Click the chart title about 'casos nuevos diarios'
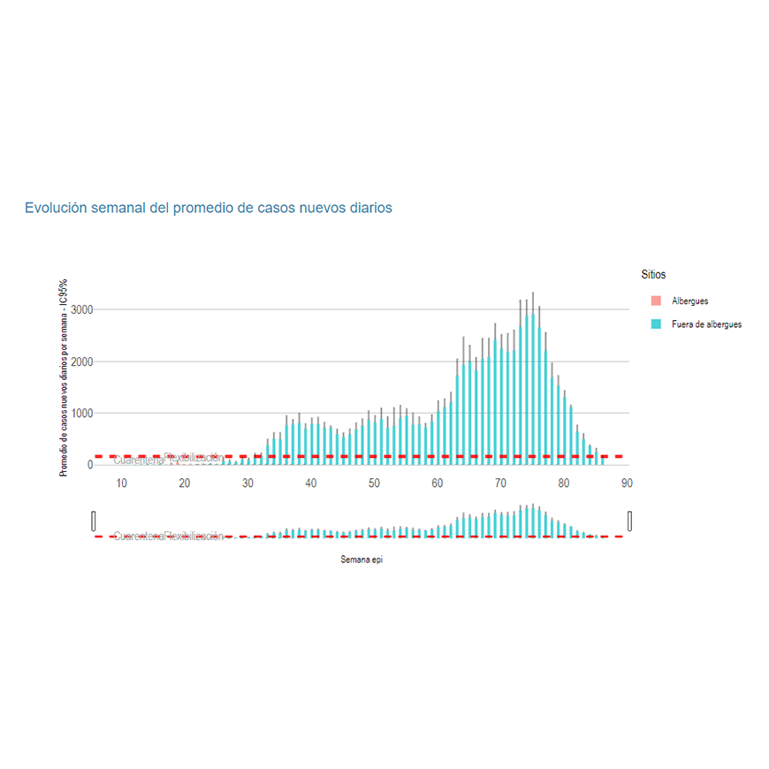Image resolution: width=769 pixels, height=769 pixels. (x=208, y=208)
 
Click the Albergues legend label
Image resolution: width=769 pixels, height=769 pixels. (x=689, y=301)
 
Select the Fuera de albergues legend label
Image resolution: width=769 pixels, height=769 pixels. (x=706, y=324)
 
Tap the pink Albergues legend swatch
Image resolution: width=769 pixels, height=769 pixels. (x=656, y=301)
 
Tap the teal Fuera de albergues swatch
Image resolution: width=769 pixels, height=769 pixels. (x=656, y=324)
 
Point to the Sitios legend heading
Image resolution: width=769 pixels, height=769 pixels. (x=653, y=275)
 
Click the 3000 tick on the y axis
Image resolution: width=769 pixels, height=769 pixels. (x=83, y=310)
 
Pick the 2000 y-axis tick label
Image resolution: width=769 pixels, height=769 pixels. (x=83, y=362)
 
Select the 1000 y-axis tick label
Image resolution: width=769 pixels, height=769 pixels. (x=83, y=413)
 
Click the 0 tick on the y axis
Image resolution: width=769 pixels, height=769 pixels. (x=90, y=465)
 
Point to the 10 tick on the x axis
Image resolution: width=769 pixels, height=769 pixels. (x=122, y=483)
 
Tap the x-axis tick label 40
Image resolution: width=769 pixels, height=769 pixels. (x=311, y=483)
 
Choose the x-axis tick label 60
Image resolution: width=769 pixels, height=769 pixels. (x=438, y=483)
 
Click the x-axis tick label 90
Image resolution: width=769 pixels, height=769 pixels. (x=627, y=483)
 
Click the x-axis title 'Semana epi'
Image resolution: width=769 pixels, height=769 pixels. (x=362, y=560)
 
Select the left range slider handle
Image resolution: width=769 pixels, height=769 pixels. (x=94, y=522)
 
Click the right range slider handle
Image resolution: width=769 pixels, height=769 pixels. (x=630, y=522)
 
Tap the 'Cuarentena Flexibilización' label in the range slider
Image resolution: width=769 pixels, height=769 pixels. (x=169, y=537)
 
